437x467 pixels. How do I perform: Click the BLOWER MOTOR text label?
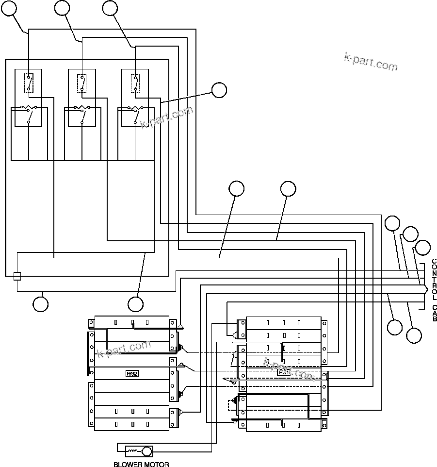click(141, 464)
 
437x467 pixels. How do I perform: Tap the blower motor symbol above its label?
click(139, 451)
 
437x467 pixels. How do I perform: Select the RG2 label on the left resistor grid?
click(132, 373)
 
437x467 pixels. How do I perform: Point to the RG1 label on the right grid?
click(284, 373)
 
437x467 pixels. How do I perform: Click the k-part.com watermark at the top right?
click(371, 62)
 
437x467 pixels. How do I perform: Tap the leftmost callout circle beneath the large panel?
click(41, 304)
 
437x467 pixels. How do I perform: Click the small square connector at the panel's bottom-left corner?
click(17, 276)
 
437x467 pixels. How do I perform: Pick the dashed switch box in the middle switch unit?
click(82, 83)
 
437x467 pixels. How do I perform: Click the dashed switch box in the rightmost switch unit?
click(135, 83)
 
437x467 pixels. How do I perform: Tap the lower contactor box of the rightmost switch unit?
click(135, 117)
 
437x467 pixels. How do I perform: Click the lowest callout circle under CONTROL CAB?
click(414, 335)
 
